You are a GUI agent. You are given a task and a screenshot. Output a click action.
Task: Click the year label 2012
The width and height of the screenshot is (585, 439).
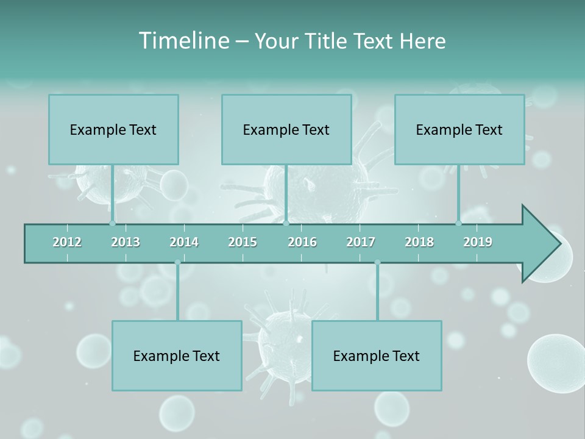pos(67,242)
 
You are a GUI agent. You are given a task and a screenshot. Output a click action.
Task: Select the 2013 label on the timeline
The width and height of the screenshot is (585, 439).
pos(126,242)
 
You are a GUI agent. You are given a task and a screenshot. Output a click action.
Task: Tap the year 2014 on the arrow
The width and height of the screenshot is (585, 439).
pos(184,242)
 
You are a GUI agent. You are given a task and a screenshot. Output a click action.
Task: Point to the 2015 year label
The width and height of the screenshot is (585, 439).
pos(243,242)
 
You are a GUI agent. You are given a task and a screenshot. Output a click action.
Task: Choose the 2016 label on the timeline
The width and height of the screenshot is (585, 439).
pos(302,242)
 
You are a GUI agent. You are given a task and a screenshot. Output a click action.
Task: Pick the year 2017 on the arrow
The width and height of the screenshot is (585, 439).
pos(361,242)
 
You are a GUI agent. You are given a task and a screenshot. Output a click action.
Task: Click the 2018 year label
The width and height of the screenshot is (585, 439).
pos(419,242)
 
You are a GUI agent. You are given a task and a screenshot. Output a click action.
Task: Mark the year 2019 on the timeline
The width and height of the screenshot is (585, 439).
pos(478,242)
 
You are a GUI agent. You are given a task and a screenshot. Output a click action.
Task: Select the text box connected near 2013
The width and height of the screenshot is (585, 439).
pos(113,129)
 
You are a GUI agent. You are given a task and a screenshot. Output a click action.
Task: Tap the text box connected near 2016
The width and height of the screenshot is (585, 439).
pos(286,129)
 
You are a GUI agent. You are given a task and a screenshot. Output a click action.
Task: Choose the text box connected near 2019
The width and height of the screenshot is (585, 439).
pos(459,129)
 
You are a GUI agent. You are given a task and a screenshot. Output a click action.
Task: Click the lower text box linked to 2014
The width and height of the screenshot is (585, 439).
pos(177,355)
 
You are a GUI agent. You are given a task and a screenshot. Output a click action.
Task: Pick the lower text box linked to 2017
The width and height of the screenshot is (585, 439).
pos(377,355)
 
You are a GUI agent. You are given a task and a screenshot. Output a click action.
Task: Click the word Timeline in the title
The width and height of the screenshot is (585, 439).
pos(183,41)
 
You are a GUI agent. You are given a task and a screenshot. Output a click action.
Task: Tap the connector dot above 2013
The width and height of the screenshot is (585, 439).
pos(112,223)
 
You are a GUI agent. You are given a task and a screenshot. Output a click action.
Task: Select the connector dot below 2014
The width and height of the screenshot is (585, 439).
pos(177,262)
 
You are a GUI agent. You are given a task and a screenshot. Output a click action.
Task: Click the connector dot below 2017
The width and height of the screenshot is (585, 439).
pos(377,262)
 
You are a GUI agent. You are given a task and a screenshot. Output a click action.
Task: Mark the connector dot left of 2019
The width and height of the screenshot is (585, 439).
pos(458,223)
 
